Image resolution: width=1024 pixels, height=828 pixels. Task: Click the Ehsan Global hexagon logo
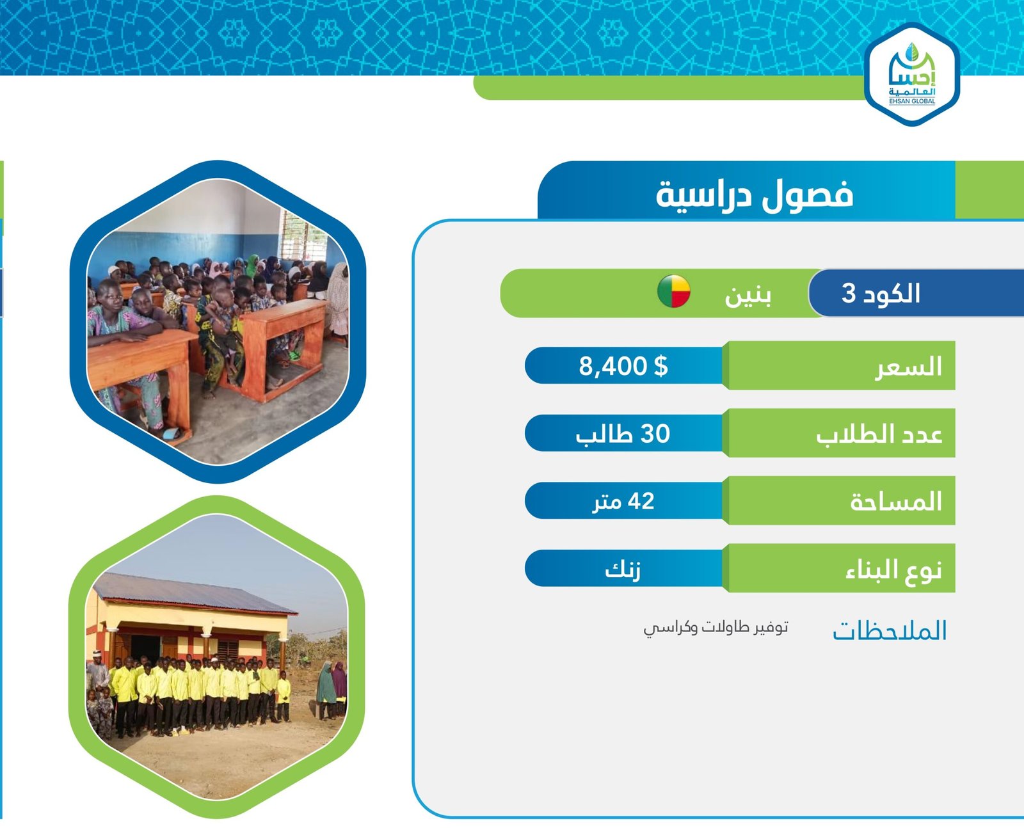[x=911, y=74]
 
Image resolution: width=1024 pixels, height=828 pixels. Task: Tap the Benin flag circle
[x=673, y=291]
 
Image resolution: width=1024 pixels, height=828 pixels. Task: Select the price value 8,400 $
[x=623, y=366]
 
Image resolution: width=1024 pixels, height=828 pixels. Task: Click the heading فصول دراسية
[x=755, y=194]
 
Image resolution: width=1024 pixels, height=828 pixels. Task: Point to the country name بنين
[x=748, y=295]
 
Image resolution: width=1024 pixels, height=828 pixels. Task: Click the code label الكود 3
[x=881, y=292]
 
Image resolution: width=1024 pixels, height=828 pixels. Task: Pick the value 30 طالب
[x=623, y=434]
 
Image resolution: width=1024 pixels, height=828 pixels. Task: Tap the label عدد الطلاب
[x=879, y=434]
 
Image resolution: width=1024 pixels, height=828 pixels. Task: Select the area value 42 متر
[x=623, y=502]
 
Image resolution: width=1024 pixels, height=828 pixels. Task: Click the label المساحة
[x=896, y=502]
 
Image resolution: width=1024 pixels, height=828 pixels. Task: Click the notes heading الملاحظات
[x=890, y=630]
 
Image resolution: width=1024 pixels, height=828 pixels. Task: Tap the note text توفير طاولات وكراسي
[x=716, y=628]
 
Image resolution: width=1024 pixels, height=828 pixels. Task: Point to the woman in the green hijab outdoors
[x=326, y=690]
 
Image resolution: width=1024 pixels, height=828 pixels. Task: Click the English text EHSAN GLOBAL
[x=912, y=101]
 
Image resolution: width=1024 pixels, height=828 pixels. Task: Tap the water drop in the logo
[x=911, y=52]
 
